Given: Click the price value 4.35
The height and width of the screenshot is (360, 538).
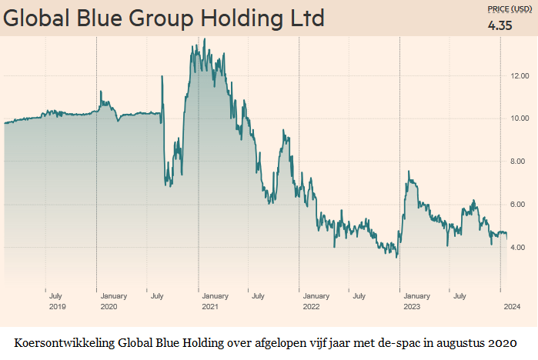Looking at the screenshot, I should pyautogui.click(x=501, y=26).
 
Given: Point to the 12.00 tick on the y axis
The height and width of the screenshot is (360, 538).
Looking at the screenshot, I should pyautogui.click(x=519, y=75).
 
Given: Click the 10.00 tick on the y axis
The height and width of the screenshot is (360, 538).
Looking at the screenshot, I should pyautogui.click(x=519, y=118).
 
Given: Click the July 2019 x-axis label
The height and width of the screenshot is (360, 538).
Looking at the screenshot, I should pyautogui.click(x=56, y=300).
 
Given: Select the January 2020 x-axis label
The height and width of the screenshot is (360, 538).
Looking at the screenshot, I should pyautogui.click(x=114, y=300).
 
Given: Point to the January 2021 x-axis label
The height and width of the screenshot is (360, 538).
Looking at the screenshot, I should pyautogui.click(x=215, y=300).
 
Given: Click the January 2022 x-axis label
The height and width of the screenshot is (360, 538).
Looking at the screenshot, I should pyautogui.click(x=316, y=300).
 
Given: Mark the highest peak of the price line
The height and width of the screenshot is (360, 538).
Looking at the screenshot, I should pyautogui.click(x=193, y=39).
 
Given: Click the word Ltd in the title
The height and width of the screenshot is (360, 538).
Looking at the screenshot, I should pyautogui.click(x=306, y=18).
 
